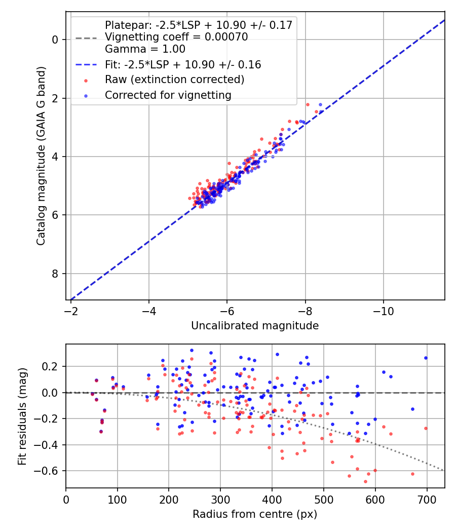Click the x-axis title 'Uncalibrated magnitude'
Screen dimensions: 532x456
tap(255, 326)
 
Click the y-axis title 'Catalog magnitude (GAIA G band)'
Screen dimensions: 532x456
tap(42, 156)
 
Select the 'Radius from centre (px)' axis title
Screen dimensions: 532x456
tap(255, 514)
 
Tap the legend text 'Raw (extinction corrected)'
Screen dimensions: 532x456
tap(174, 80)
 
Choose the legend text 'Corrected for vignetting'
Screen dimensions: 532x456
tap(168, 95)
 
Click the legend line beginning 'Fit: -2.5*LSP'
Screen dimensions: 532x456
tap(183, 64)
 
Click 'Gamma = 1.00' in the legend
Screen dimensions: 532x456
tap(145, 49)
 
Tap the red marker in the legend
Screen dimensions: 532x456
tap(86, 81)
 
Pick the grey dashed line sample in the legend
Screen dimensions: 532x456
tap(86, 37)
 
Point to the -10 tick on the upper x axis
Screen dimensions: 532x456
tap(383, 309)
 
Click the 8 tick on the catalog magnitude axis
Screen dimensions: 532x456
tap(56, 274)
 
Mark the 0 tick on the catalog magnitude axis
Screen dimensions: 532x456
tap(56, 40)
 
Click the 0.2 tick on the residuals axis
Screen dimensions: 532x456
tap(51, 366)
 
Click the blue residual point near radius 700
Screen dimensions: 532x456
tap(426, 358)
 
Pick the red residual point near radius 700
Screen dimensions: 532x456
tap(426, 428)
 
